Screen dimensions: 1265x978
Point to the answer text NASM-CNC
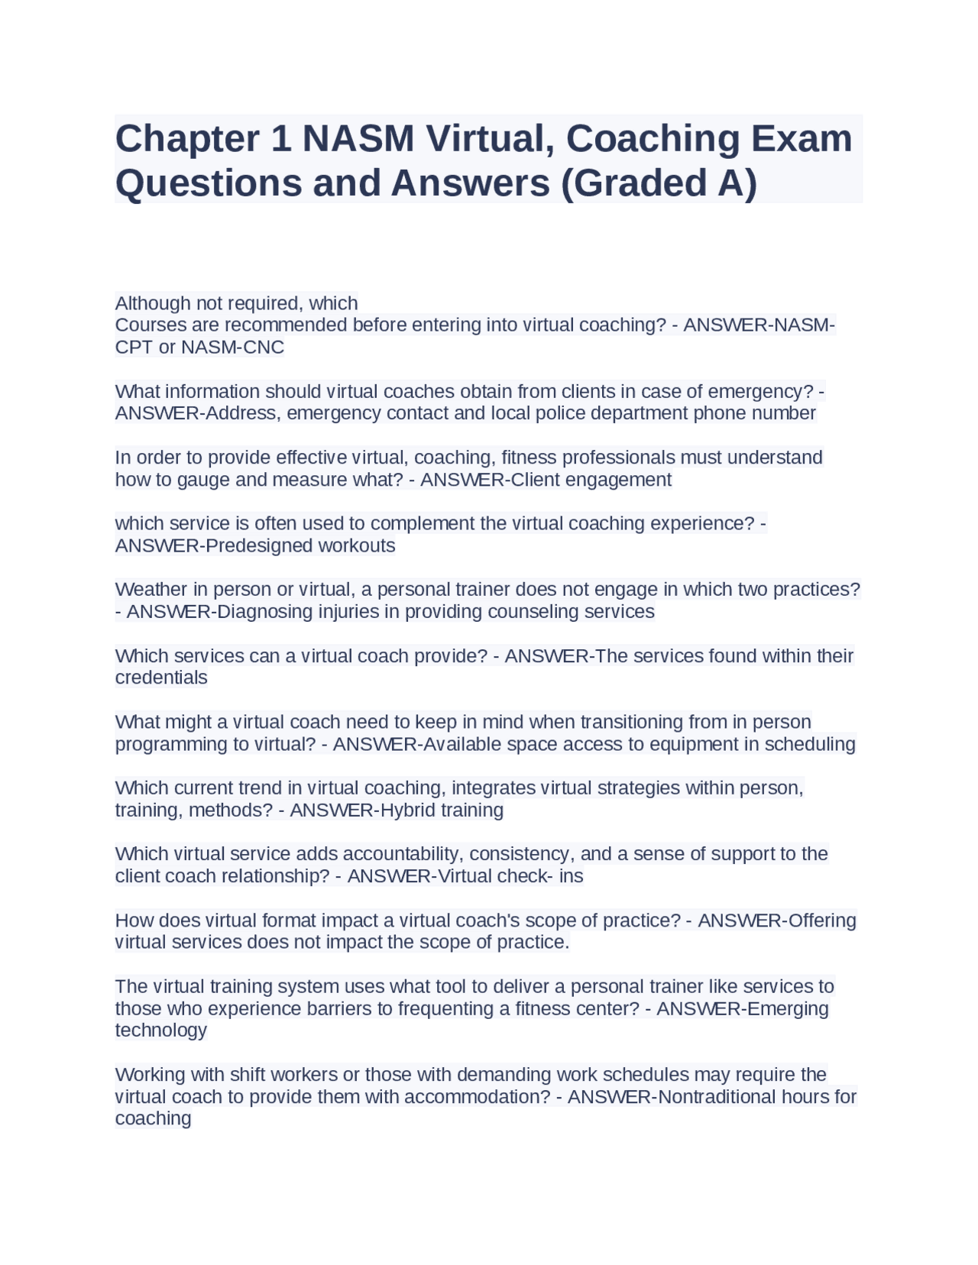coord(232,348)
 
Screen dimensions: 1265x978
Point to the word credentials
coord(161,678)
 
